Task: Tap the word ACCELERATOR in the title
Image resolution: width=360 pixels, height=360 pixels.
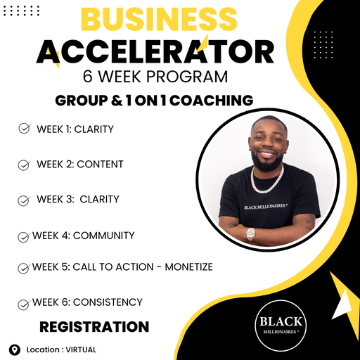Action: (x=155, y=51)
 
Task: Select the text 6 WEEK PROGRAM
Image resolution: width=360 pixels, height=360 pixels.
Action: (x=155, y=77)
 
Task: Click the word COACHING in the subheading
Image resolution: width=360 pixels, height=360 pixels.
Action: (x=212, y=101)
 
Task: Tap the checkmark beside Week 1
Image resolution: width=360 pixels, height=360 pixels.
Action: (x=25, y=128)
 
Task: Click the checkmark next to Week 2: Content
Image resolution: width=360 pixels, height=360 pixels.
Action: (x=24, y=165)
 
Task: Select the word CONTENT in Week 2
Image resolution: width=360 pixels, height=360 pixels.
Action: (x=100, y=165)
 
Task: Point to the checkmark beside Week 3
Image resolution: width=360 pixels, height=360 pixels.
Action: (x=24, y=201)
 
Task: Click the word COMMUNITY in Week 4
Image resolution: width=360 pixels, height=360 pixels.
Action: (x=104, y=236)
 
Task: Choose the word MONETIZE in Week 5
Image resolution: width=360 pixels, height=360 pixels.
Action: (x=189, y=267)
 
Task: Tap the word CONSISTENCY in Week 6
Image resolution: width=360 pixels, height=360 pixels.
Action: (x=108, y=302)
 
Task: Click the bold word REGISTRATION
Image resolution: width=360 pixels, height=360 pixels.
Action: (x=94, y=327)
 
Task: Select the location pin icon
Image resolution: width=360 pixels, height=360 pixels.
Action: (x=15, y=349)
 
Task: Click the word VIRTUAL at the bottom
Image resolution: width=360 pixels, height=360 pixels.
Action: (x=81, y=349)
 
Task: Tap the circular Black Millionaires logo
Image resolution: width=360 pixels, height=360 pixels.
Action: (x=281, y=326)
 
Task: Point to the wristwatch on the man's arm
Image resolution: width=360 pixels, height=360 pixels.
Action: (x=250, y=235)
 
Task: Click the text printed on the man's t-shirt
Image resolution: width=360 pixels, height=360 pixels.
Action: (x=266, y=207)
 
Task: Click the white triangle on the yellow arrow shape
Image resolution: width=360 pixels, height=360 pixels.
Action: (x=342, y=304)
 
